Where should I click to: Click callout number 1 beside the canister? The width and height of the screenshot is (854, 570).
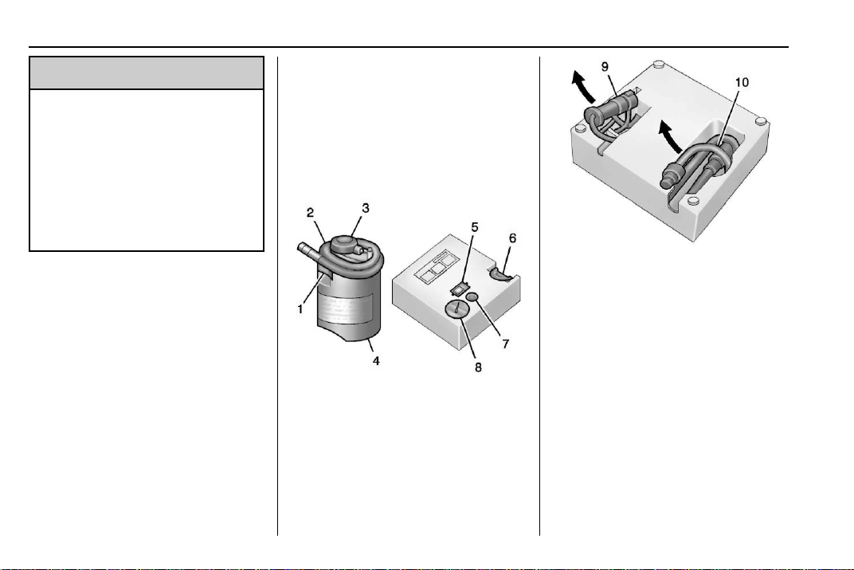pyautogui.click(x=300, y=309)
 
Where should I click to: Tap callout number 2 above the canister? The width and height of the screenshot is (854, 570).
pyautogui.click(x=310, y=213)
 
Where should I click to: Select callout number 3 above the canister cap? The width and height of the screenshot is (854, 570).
pyautogui.click(x=366, y=208)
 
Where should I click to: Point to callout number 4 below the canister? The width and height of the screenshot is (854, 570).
pyautogui.click(x=376, y=360)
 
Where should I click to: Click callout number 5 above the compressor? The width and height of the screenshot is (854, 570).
pyautogui.click(x=474, y=226)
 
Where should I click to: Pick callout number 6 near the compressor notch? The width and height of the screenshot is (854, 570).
pyautogui.click(x=512, y=238)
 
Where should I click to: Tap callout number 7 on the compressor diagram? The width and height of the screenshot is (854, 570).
pyautogui.click(x=505, y=344)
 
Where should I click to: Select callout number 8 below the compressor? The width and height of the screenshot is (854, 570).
pyautogui.click(x=478, y=368)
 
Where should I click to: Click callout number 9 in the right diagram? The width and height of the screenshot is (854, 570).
pyautogui.click(x=605, y=66)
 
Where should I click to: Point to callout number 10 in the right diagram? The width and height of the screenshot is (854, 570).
pyautogui.click(x=742, y=82)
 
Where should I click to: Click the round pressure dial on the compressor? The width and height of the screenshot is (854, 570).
pyautogui.click(x=456, y=310)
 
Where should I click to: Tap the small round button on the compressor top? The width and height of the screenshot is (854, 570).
pyautogui.click(x=472, y=297)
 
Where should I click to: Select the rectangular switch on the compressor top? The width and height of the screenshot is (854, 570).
pyautogui.click(x=460, y=288)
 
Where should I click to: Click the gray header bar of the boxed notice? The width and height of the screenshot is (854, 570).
pyautogui.click(x=147, y=73)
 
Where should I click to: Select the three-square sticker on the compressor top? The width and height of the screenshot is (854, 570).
pyautogui.click(x=436, y=266)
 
